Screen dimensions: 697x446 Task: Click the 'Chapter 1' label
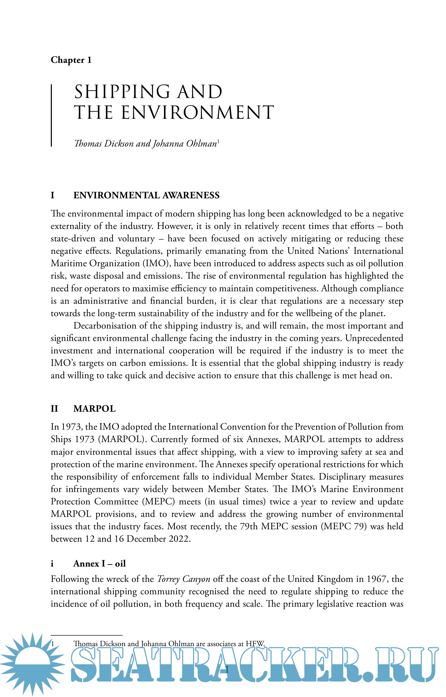71,60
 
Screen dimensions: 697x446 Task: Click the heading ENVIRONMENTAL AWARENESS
146,195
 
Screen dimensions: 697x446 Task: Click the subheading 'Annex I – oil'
99,563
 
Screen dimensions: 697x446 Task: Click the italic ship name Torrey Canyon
184,579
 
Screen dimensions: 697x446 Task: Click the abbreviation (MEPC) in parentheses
158,501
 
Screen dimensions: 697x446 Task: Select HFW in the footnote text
255,643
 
